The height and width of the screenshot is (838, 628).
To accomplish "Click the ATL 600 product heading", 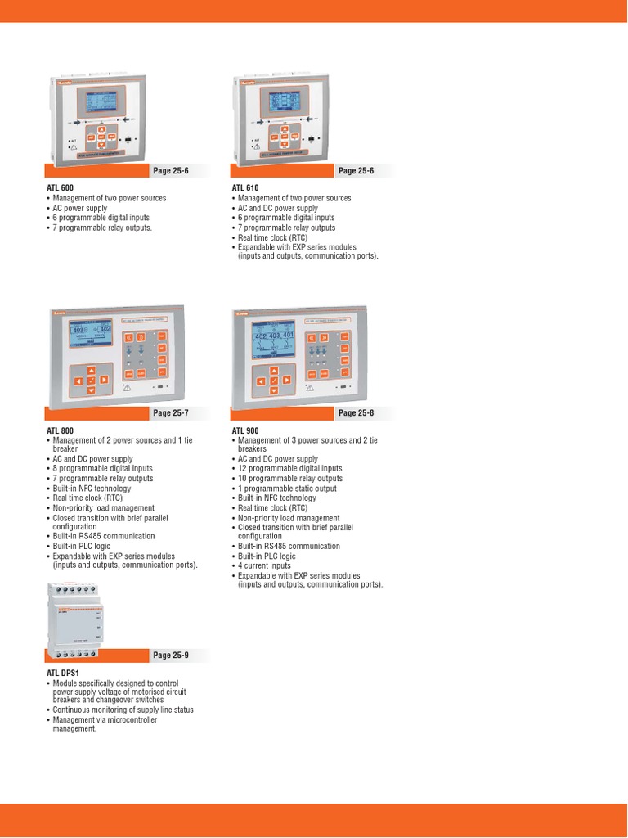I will (x=60, y=188).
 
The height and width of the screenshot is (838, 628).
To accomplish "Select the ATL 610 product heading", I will (x=244, y=188).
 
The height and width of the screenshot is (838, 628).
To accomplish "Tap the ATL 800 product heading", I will (x=60, y=430).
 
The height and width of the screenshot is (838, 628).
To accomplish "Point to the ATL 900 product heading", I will (x=244, y=430).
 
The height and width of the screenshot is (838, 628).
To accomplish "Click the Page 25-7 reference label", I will (x=170, y=413).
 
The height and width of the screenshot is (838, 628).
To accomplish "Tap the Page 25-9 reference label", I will (x=170, y=655).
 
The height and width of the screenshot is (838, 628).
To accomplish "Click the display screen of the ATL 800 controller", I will (x=91, y=338).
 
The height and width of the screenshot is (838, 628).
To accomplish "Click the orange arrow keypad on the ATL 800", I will (x=91, y=381).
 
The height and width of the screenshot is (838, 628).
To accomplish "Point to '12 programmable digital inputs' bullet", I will (x=289, y=469).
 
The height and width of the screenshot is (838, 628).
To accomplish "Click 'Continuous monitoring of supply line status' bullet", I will (x=123, y=710).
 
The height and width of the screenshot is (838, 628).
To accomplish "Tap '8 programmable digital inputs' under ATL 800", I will (x=102, y=469).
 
